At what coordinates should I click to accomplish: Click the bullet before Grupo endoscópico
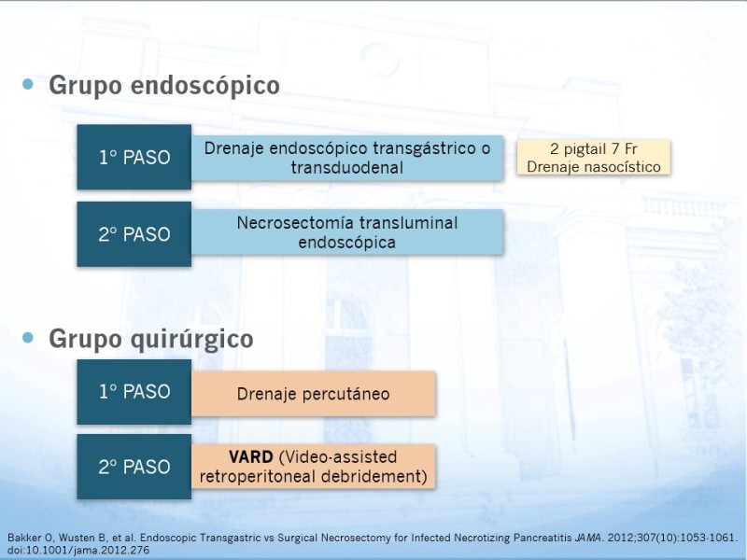click(x=28, y=84)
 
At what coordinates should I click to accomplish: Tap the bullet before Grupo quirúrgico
click(x=28, y=338)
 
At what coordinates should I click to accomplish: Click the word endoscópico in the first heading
click(x=204, y=86)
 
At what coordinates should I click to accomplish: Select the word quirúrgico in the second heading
click(x=191, y=340)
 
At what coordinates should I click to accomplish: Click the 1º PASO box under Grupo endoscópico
click(x=134, y=157)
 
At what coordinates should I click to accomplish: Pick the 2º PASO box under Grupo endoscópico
click(x=134, y=234)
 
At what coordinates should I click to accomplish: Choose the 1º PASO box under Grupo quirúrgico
click(x=134, y=391)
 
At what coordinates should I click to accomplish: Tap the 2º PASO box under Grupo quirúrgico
click(x=134, y=467)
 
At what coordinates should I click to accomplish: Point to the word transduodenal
click(x=347, y=168)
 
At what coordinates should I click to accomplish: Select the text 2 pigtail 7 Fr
click(x=594, y=149)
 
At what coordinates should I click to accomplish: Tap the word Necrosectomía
click(x=295, y=223)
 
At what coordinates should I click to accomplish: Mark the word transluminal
click(x=409, y=223)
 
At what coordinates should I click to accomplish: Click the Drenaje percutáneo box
click(x=314, y=394)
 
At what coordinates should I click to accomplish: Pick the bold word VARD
click(x=250, y=457)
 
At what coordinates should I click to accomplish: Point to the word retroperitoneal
click(x=259, y=477)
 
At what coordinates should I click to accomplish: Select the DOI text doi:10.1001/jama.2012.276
click(x=78, y=551)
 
